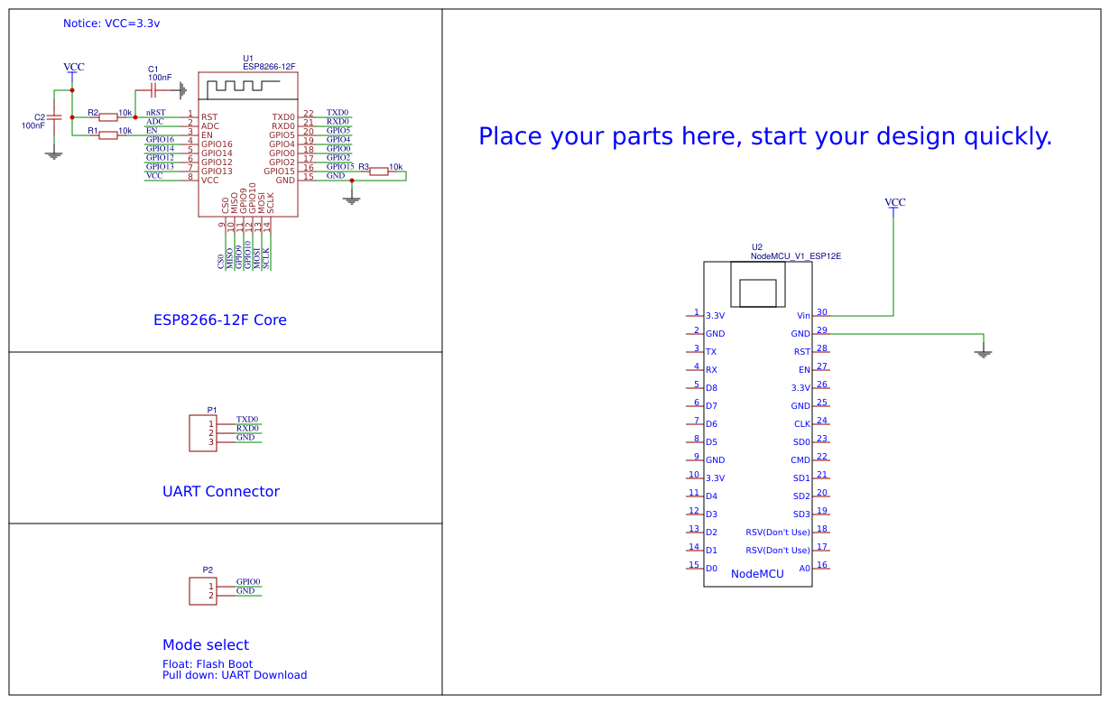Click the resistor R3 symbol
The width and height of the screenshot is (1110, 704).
point(379,171)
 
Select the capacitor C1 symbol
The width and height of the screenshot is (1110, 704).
point(153,90)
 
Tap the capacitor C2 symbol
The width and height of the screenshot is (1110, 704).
point(54,117)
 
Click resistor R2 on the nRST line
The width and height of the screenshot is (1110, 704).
point(108,116)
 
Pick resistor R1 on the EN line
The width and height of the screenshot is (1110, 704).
point(108,134)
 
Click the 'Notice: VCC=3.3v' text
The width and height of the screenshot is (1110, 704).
point(111,23)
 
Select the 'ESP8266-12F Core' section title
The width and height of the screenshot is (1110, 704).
point(220,320)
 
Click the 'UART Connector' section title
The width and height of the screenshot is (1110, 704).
point(221,492)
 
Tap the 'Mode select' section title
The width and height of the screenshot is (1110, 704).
point(206,644)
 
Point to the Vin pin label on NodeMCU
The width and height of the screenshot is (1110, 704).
point(803,316)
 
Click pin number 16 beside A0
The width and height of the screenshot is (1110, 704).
point(821,565)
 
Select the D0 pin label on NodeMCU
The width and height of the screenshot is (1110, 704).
point(711,569)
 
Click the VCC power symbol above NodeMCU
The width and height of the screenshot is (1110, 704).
point(894,204)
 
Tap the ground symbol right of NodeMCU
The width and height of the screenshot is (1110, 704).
point(984,352)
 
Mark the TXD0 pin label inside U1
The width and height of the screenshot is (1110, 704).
point(283,117)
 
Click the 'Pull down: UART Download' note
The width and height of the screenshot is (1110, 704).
point(235,675)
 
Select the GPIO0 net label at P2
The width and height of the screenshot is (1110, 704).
point(248,582)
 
